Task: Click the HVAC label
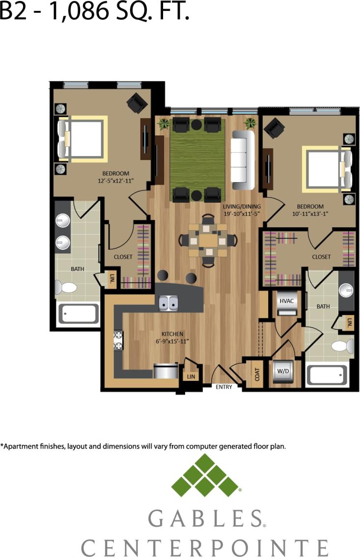pyautogui.click(x=286, y=300)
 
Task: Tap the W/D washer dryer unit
pyautogui.click(x=283, y=371)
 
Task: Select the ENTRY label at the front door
pyautogui.click(x=223, y=387)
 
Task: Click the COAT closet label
pyautogui.click(x=257, y=375)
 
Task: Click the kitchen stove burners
pyautogui.click(x=118, y=341)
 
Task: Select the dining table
pyautogui.click(x=209, y=240)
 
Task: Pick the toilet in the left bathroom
pyautogui.click(x=66, y=287)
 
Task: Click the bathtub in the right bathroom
pyautogui.click(x=327, y=375)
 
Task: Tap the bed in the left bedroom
pyautogui.click(x=83, y=138)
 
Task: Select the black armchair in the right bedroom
pyautogui.click(x=274, y=129)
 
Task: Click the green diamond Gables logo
pyautogui.click(x=205, y=476)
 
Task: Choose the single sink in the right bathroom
pyautogui.click(x=346, y=291)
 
